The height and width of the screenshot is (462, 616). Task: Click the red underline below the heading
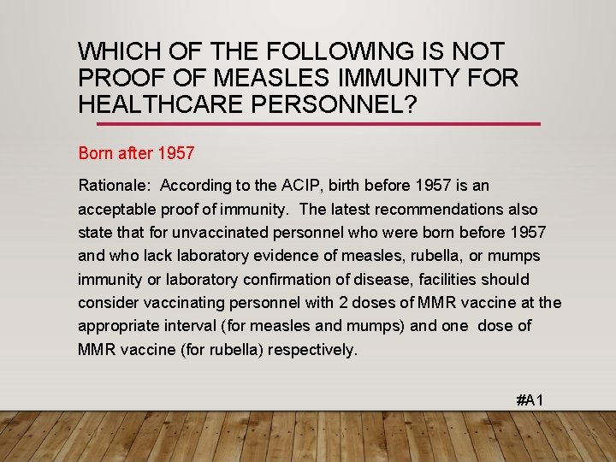tap(309, 124)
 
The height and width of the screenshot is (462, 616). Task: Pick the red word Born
tap(96, 154)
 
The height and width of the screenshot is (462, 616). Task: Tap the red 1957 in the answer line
tap(176, 154)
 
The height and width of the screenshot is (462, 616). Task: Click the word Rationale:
tap(114, 185)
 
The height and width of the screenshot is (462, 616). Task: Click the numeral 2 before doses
tap(329, 302)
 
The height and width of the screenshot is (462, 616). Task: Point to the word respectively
tap(315, 349)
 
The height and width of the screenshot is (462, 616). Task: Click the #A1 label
tap(530, 400)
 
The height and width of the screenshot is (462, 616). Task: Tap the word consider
tap(107, 302)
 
